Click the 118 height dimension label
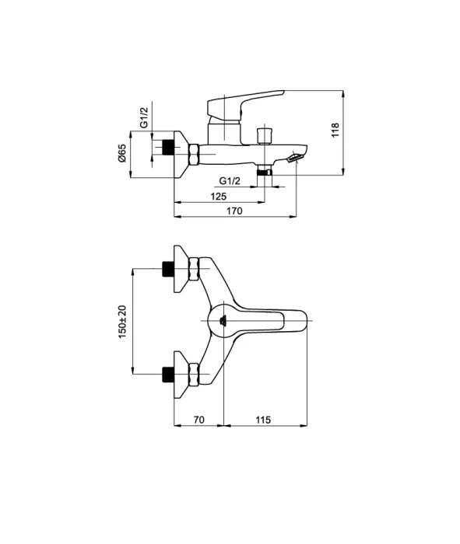[335, 130]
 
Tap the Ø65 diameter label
[122, 153]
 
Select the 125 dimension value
[218, 197]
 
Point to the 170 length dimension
[234, 211]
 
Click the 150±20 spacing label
[123, 322]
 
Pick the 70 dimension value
[198, 420]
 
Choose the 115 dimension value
[263, 420]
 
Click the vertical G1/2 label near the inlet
[144, 117]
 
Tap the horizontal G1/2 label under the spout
[230, 181]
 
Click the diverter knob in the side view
[265, 136]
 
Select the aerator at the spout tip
[295, 158]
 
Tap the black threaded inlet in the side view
[168, 147]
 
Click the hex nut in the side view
[194, 154]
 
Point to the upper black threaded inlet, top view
[168, 269]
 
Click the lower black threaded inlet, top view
[168, 374]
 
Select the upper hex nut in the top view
[194, 268]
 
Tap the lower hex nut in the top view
[194, 374]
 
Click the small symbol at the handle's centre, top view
[223, 320]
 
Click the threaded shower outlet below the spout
[265, 172]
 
